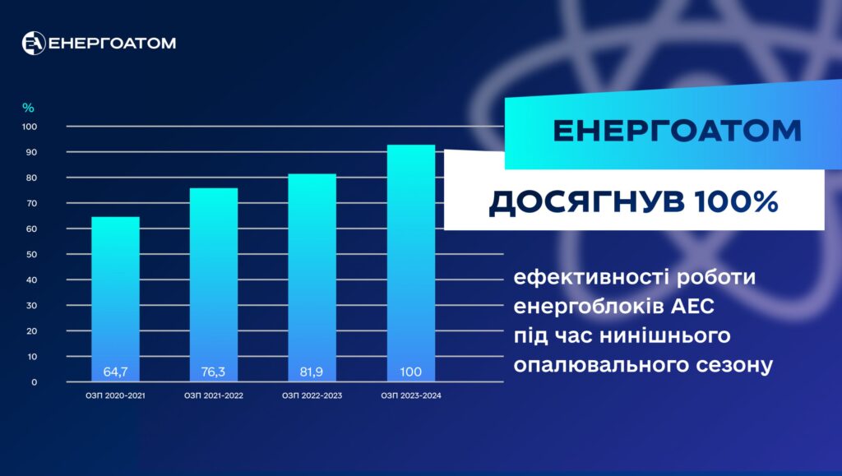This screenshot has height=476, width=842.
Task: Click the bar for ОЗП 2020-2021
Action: [115, 299]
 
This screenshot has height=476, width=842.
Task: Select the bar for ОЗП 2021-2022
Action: [214, 284]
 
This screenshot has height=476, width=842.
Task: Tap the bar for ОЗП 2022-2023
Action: [312, 277]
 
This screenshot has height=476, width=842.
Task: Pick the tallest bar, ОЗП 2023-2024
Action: [411, 263]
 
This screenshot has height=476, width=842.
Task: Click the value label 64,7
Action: [115, 372]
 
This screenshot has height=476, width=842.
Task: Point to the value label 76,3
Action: [213, 372]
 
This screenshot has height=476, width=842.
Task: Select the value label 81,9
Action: [312, 372]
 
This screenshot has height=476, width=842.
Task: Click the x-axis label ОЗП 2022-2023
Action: [312, 395]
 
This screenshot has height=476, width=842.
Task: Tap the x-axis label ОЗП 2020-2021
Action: [115, 395]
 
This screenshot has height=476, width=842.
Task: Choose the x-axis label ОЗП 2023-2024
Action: [411, 395]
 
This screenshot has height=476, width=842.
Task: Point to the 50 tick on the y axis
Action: [32, 254]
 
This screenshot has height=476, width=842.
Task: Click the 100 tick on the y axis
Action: [30, 127]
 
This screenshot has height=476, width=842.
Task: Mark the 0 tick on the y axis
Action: [35, 382]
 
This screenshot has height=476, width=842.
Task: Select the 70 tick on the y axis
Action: [32, 203]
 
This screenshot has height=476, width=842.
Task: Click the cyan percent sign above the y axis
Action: [28, 108]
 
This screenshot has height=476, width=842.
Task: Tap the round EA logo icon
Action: [33, 43]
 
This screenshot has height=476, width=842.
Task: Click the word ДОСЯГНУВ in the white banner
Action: [586, 202]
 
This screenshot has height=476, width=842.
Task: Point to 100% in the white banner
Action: [736, 201]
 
